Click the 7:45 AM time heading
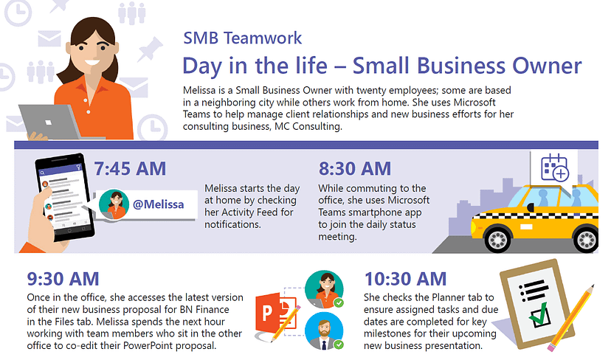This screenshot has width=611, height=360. pyautogui.click(x=130, y=169)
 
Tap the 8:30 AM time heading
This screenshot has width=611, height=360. pyautogui.click(x=355, y=169)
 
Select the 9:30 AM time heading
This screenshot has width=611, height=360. pyautogui.click(x=63, y=279)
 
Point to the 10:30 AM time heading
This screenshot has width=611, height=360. pyautogui.click(x=405, y=279)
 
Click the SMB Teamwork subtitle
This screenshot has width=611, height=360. pyautogui.click(x=242, y=38)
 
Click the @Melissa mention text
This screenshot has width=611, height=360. pyautogui.click(x=158, y=204)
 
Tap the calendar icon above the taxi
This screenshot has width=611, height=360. pyautogui.click(x=555, y=168)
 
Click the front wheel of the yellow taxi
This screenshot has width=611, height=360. pyautogui.click(x=497, y=238)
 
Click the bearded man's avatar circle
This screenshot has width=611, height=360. pyautogui.click(x=324, y=330)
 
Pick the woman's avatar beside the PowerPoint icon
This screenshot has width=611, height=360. pyautogui.click(x=324, y=289)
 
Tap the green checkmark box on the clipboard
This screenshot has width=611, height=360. pyautogui.click(x=539, y=315)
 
